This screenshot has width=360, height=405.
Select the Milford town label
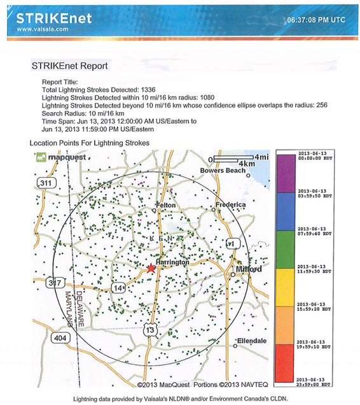point(249,269)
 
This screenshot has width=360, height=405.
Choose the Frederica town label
point(230,204)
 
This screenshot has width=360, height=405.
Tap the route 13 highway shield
point(149,329)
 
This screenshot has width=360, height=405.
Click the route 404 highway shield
point(60,337)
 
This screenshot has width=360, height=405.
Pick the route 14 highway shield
point(119,288)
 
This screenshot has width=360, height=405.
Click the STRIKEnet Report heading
point(69,66)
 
